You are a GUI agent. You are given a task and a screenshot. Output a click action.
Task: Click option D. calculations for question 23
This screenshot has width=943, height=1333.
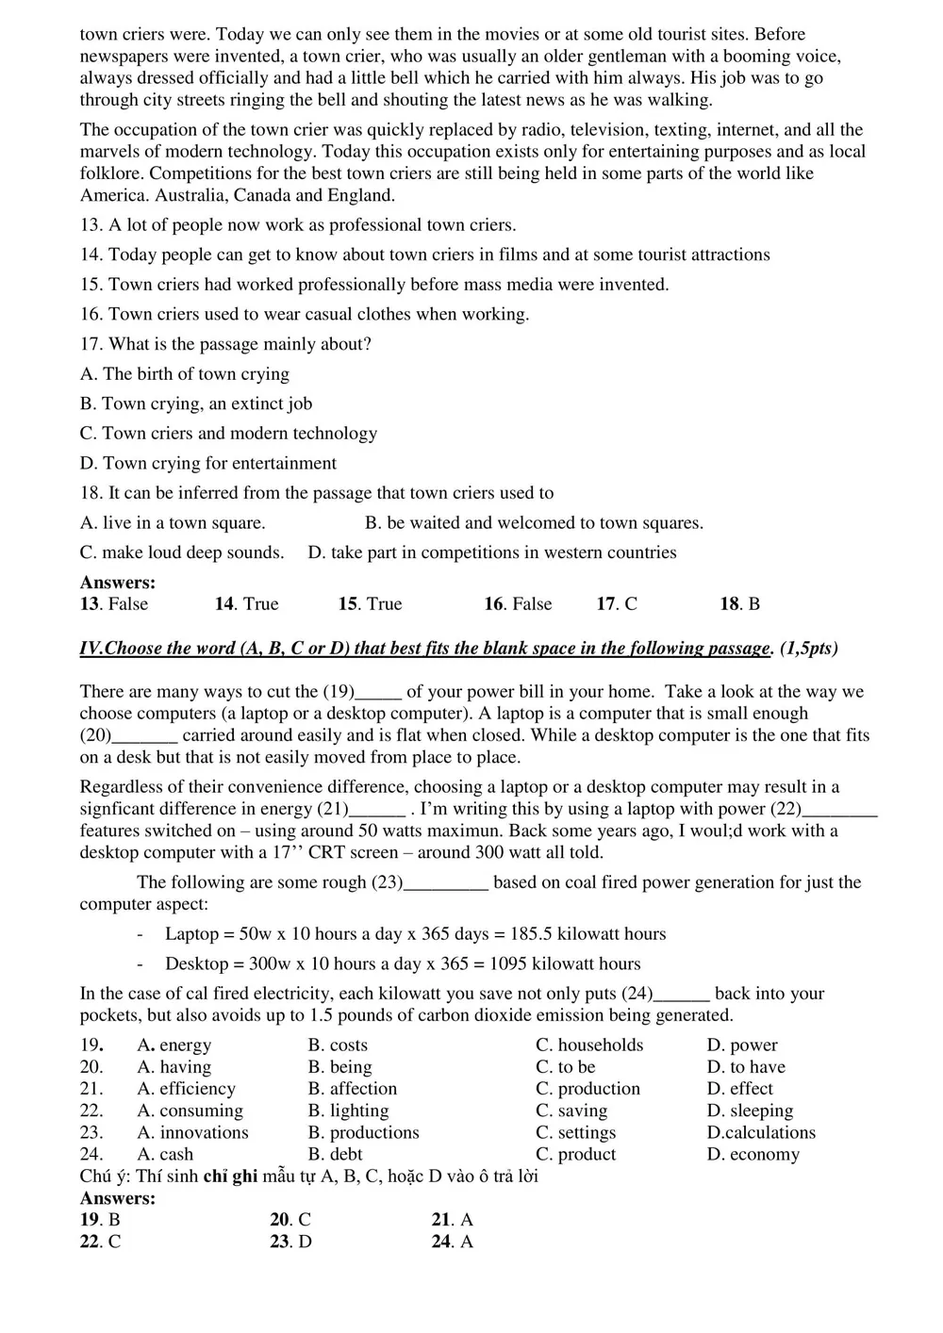761,1132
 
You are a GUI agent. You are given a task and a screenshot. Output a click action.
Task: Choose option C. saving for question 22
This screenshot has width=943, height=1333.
571,1111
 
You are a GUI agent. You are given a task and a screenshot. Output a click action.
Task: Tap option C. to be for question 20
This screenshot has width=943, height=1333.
565,1067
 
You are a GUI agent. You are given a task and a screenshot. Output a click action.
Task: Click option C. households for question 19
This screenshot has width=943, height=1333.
589,1045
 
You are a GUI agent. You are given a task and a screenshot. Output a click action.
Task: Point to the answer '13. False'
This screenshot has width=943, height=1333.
114,604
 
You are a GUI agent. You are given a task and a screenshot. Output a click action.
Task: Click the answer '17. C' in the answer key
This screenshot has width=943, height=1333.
617,604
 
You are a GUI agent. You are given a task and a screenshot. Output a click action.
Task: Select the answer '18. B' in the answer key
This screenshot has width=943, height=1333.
740,604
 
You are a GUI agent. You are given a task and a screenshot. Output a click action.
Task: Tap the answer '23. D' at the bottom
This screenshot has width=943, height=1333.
290,1242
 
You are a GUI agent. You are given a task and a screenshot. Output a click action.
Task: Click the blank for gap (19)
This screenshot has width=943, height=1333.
380,693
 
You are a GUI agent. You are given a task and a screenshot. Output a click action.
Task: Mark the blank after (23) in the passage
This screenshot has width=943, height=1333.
446,883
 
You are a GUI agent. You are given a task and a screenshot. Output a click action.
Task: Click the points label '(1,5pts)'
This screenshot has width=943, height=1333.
809,649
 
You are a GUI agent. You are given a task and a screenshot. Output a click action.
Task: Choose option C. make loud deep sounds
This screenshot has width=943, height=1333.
182,552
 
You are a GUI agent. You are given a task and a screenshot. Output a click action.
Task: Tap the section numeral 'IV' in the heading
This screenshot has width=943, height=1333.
91,649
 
